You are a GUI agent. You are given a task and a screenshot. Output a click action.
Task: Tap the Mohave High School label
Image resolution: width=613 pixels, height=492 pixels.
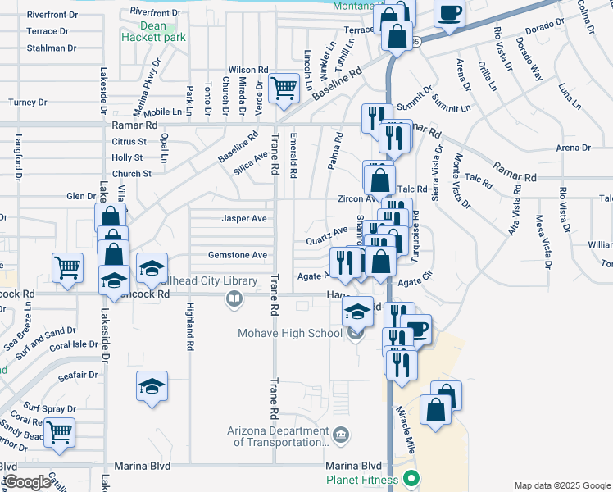click(289, 333)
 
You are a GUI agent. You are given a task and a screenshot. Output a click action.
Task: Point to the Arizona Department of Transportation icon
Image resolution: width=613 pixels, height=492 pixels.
click(342, 434)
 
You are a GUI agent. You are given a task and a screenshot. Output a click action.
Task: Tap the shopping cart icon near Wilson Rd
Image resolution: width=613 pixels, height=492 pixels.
click(284, 87)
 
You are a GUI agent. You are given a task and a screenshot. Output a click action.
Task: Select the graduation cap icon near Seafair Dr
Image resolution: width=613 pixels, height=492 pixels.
click(152, 386)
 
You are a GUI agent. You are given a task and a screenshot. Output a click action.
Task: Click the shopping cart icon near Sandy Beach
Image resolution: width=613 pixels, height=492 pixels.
click(59, 431)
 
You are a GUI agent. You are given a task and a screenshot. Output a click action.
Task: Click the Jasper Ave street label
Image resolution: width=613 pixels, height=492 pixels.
click(244, 219)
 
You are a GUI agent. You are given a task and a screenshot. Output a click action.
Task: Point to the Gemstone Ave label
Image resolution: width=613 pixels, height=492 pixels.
click(238, 255)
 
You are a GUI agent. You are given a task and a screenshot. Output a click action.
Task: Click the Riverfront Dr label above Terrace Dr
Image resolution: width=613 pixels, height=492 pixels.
click(52, 15)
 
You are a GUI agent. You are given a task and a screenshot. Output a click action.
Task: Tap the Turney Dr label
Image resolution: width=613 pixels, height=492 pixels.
click(29, 102)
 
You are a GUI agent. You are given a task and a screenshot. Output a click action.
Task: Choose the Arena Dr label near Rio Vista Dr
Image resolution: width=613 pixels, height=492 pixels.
click(573, 148)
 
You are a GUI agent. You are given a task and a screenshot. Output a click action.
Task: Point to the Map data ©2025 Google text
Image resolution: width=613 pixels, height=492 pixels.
click(562, 485)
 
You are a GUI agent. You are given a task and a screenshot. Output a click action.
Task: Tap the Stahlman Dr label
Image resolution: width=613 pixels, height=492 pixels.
click(52, 48)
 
